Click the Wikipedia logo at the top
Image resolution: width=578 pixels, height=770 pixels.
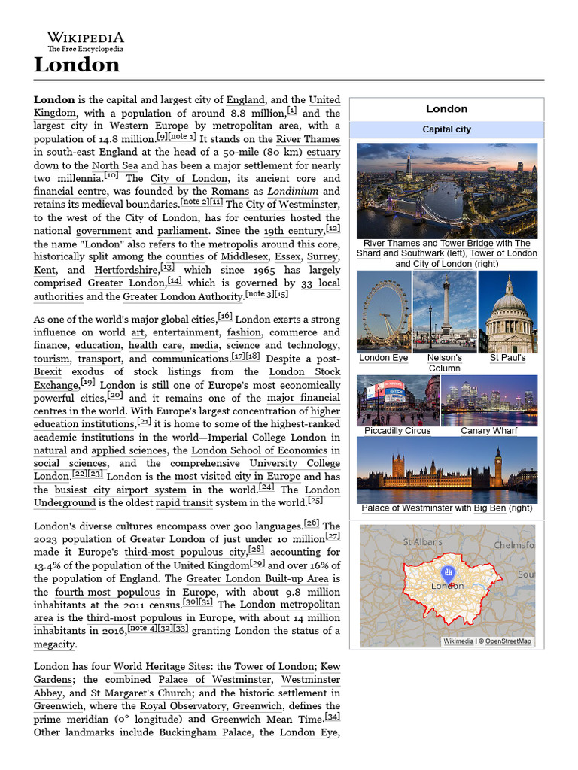point(86,41)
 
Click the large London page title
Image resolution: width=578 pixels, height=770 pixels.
point(76,65)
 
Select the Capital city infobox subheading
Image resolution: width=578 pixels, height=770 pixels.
point(446,129)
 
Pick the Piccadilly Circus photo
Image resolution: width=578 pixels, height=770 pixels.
point(397,401)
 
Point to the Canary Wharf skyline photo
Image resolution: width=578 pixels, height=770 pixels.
point(488,401)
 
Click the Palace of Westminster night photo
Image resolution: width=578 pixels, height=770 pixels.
point(446,469)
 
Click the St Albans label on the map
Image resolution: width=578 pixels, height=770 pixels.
point(422,541)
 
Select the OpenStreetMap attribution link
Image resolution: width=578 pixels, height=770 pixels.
point(507,641)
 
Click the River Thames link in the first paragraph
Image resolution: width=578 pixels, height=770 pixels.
point(308,139)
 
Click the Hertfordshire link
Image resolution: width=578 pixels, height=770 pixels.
point(125,270)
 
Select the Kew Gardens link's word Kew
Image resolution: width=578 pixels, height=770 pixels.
point(330,666)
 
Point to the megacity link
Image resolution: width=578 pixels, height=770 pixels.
point(55,644)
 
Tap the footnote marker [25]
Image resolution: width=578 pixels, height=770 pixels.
point(315,501)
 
